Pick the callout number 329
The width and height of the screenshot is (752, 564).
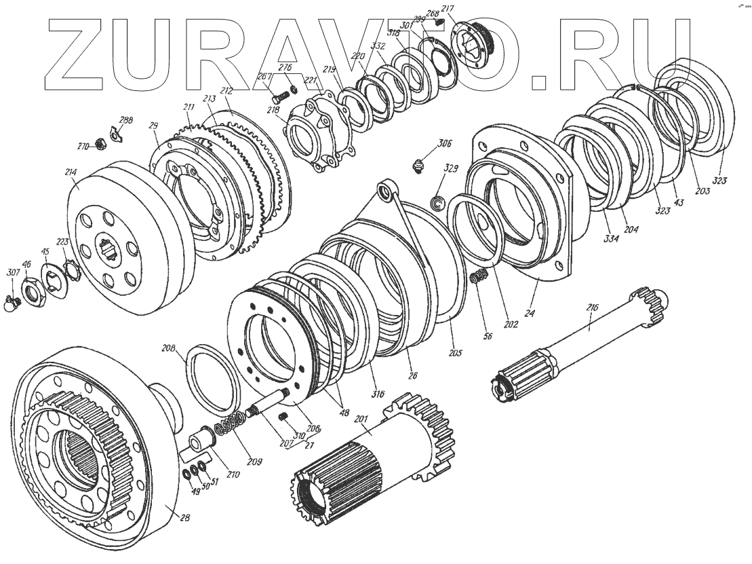[450, 168]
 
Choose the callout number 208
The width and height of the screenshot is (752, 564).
[168, 348]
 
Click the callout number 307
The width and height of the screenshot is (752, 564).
[12, 274]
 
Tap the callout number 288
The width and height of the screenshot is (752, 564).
[126, 120]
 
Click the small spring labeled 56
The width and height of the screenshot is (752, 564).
[479, 277]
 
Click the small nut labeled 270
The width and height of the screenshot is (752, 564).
[100, 143]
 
